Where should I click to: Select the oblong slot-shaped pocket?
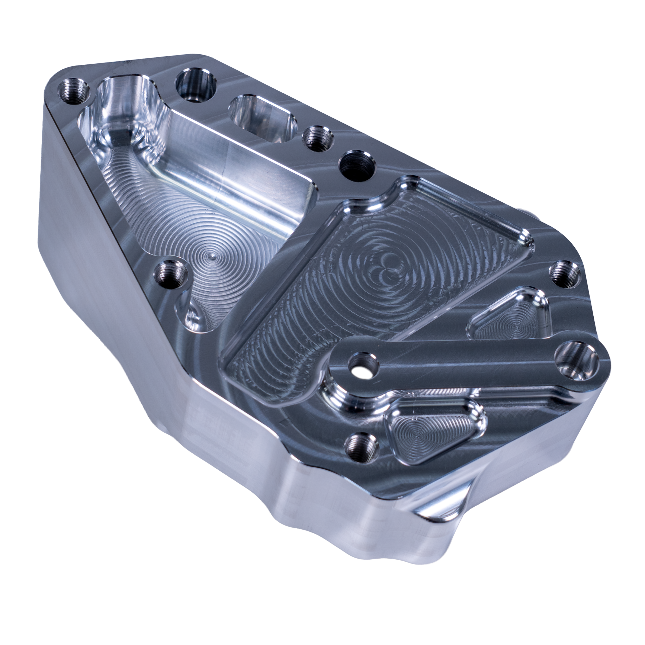(x=263, y=118)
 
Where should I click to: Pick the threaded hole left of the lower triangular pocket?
(x=362, y=447)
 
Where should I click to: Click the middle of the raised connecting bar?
(x=467, y=362)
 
